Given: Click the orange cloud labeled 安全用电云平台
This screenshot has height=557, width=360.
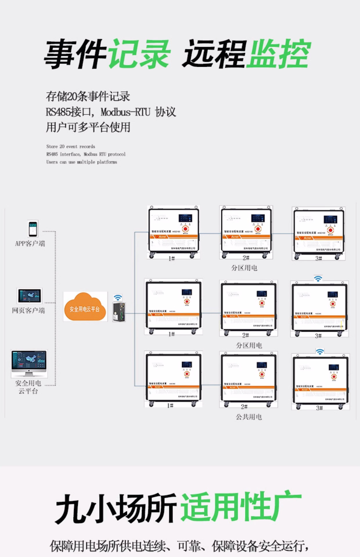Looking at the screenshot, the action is (x=85, y=307).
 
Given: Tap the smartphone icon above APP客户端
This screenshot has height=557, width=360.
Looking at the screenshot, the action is (x=33, y=229).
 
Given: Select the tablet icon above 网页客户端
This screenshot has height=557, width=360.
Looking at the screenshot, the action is (x=30, y=296).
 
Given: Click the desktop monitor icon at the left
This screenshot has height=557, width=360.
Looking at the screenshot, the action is (x=29, y=363).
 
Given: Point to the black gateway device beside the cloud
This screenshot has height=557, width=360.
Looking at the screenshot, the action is (x=119, y=312).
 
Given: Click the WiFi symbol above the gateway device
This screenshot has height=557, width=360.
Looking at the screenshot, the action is (x=118, y=298).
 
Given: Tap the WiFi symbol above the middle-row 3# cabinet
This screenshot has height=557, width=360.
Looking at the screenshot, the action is (x=318, y=279).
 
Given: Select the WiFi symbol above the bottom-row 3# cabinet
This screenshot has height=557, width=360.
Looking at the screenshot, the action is (x=320, y=352).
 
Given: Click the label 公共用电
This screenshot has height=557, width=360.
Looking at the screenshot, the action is (x=249, y=417).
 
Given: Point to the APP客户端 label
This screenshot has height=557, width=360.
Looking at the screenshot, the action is (x=30, y=243).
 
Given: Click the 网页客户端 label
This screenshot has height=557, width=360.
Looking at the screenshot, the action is (x=28, y=310).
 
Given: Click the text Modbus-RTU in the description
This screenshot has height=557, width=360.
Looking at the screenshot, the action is (x=125, y=112).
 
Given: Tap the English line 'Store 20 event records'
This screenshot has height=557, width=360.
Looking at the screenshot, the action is (x=71, y=147).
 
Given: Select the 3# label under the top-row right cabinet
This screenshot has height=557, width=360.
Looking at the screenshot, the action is (x=318, y=258).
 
